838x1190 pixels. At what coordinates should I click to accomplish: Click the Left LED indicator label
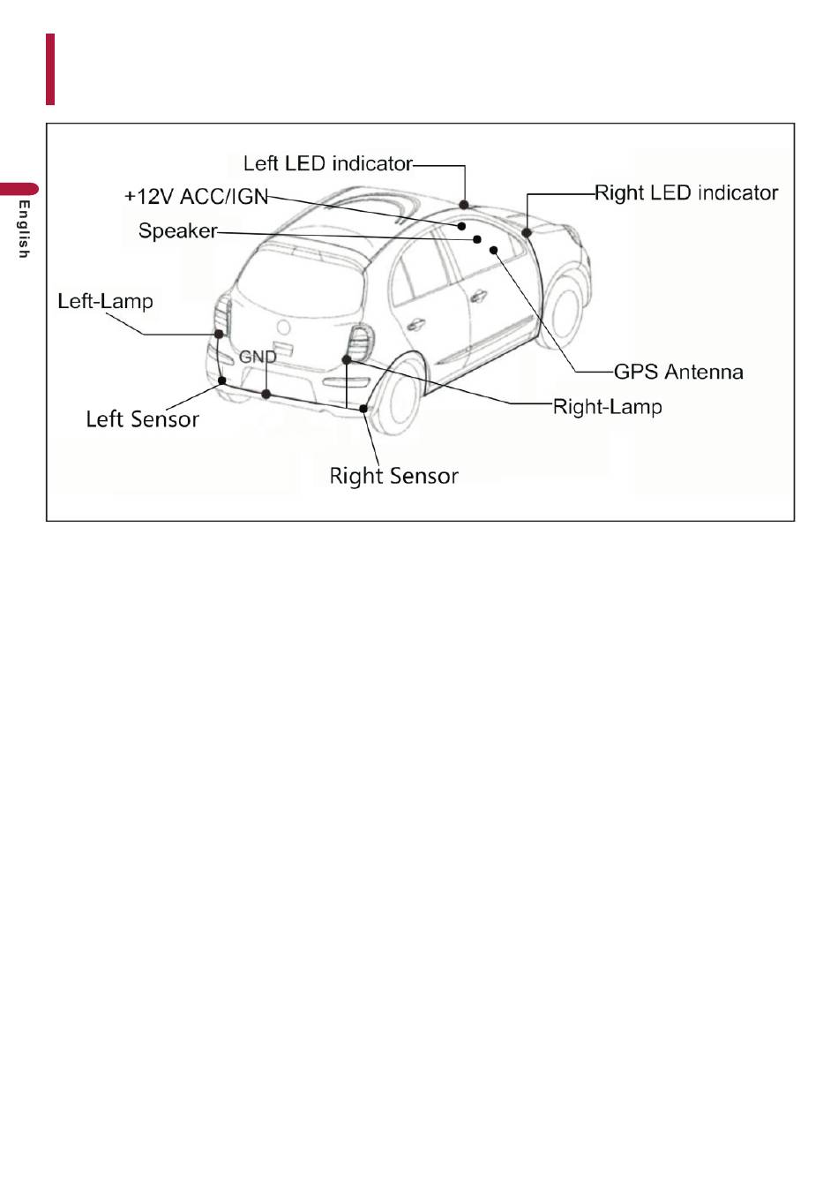(x=328, y=163)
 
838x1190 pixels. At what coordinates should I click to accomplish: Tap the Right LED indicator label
(x=686, y=192)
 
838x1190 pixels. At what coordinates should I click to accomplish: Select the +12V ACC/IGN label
(x=196, y=196)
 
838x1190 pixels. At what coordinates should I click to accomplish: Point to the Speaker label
(x=177, y=230)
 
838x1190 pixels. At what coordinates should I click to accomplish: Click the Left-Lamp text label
(x=105, y=301)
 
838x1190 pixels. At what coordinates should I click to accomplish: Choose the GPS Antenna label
(x=678, y=372)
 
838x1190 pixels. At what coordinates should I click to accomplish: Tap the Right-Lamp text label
(x=607, y=406)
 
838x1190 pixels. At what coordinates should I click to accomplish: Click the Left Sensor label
(x=142, y=418)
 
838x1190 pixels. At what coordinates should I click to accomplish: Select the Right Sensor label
(x=393, y=476)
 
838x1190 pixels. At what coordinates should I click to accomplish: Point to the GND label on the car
(x=258, y=357)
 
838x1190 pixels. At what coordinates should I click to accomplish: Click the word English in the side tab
(x=24, y=230)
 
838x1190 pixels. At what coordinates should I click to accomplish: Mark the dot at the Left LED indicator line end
(x=464, y=205)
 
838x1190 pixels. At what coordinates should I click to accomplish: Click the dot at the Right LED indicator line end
(x=527, y=233)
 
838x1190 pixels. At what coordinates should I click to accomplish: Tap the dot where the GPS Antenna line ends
(x=495, y=250)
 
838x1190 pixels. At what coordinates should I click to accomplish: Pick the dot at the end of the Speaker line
(x=477, y=239)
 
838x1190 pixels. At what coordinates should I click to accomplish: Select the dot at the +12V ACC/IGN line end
(x=461, y=226)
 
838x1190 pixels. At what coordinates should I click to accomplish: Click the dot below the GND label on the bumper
(x=266, y=394)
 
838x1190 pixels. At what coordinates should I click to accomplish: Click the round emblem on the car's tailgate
(x=284, y=328)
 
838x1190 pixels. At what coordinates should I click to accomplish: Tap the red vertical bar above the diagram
(x=50, y=69)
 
